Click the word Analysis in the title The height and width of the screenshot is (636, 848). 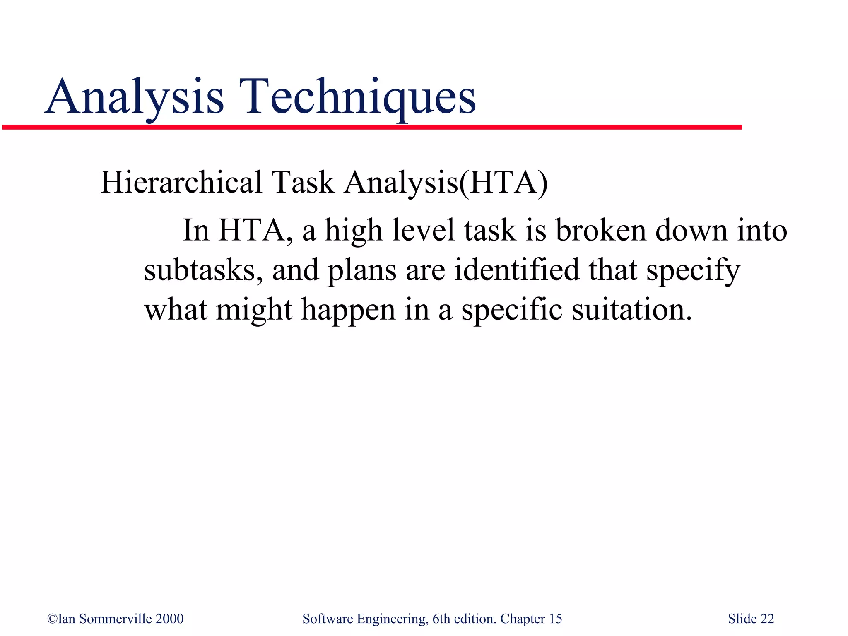[x=135, y=97]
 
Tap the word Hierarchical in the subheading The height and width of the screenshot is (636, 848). [x=181, y=182]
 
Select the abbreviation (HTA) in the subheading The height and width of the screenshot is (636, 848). [x=503, y=183]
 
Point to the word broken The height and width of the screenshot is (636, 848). [x=600, y=230]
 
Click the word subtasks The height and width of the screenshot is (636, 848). [x=203, y=270]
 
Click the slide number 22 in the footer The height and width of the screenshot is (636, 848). [x=767, y=619]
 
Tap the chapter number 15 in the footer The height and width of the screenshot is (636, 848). [x=555, y=619]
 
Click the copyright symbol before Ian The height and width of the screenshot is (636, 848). [x=52, y=619]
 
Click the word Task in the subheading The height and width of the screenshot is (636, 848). [x=303, y=182]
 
